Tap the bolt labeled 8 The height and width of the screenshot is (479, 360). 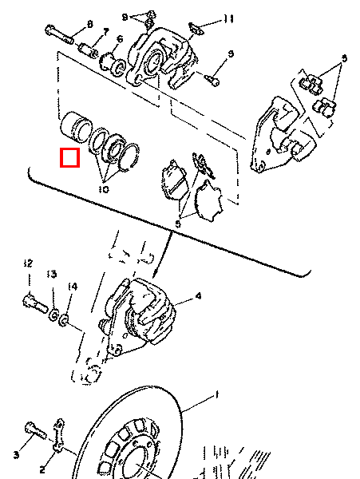pos(59,35)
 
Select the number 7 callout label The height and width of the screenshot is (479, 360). pos(105,32)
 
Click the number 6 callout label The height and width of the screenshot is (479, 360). pos(119,38)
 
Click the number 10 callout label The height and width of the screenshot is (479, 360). pos(104,190)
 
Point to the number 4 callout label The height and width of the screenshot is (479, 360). pos(198,296)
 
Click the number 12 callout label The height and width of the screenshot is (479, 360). pos(28,263)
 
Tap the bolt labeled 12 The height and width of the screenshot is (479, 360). pos(31,304)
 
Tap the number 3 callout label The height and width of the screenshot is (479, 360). pos(15,454)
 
